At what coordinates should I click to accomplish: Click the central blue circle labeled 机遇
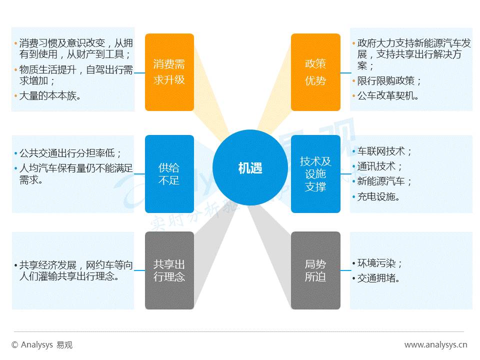pos(250,168)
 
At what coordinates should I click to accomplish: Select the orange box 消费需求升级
pos(169,72)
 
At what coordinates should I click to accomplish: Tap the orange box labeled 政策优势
pos(315,72)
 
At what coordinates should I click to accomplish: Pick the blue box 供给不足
pos(169,173)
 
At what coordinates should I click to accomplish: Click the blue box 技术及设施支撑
pos(315,173)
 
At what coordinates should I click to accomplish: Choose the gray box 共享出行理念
pos(169,270)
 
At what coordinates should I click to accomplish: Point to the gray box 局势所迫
pos(315,270)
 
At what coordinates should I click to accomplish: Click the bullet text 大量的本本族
pos(49,95)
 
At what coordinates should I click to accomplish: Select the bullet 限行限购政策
pos(389,80)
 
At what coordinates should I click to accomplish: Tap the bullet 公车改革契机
pos(388,95)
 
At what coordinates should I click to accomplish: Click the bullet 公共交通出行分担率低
pos(70,152)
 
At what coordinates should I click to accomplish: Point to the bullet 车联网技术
pos(384,151)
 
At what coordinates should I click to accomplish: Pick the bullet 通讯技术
pos(379,166)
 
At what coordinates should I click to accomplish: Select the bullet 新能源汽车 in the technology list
pos(384,181)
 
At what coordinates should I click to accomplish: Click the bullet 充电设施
pos(378,196)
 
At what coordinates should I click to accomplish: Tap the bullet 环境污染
pos(379,263)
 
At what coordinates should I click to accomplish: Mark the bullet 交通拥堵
pos(378,278)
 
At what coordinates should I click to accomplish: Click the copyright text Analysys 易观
pos(42,344)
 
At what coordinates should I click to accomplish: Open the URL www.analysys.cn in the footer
pos(435,344)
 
